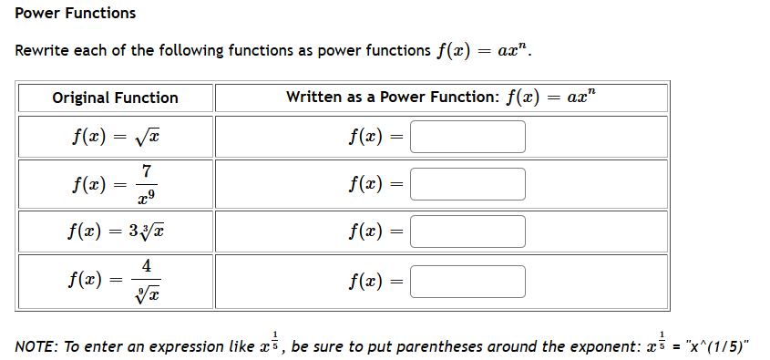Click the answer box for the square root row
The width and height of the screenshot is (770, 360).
coord(468,137)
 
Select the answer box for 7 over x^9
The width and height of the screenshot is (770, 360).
coord(468,183)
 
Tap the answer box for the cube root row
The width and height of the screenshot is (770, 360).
coord(468,231)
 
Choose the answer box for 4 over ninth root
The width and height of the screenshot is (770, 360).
coord(468,281)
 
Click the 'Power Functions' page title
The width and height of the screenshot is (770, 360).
coord(76,13)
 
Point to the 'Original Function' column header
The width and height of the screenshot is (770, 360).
coord(115,98)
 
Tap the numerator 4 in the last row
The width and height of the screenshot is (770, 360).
coord(147,267)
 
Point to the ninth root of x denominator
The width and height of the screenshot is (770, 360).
coord(147,293)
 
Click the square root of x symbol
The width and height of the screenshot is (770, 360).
coord(150,138)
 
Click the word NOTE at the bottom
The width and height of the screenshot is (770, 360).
coord(36,346)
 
